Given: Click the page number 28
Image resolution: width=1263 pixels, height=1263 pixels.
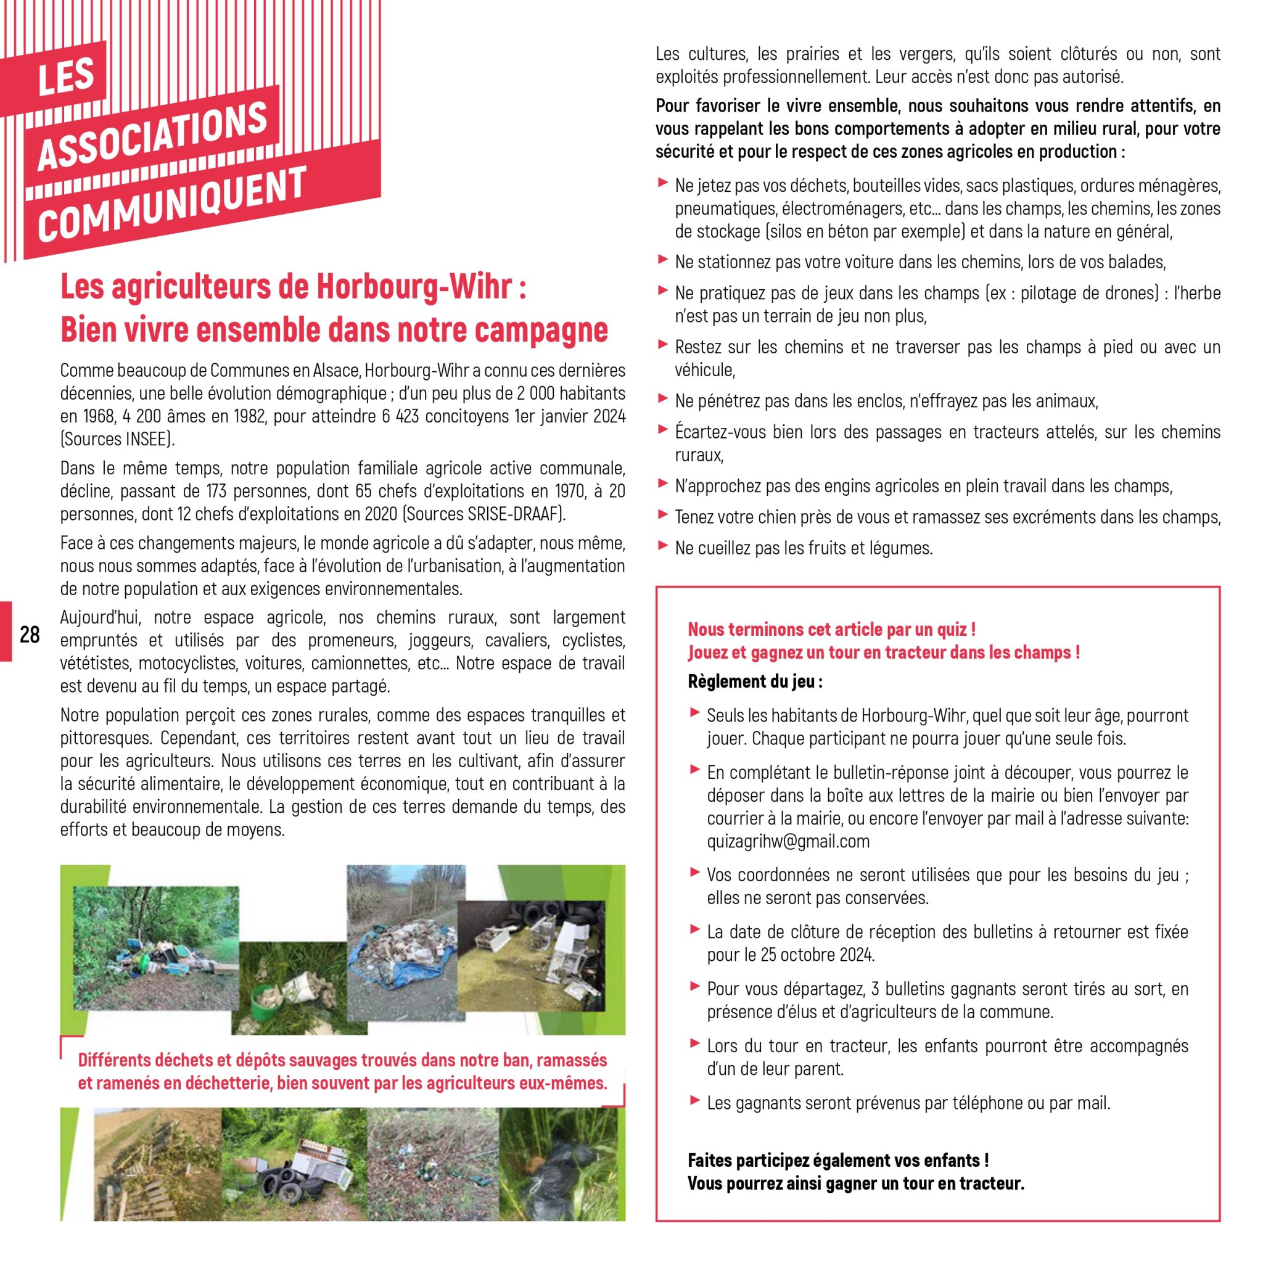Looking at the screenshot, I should pyautogui.click(x=30, y=634).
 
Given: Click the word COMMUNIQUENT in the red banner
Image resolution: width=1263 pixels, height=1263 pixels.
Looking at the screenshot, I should pyautogui.click(x=172, y=204).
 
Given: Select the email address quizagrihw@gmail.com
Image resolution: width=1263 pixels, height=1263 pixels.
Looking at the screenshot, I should pyautogui.click(x=788, y=841).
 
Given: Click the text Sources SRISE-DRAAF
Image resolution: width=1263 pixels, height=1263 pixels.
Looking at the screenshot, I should pyautogui.click(x=483, y=514).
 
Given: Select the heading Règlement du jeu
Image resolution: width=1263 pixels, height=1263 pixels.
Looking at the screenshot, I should pyautogui.click(x=754, y=682).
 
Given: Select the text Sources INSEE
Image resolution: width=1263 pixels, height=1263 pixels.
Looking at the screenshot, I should pyautogui.click(x=117, y=439).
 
